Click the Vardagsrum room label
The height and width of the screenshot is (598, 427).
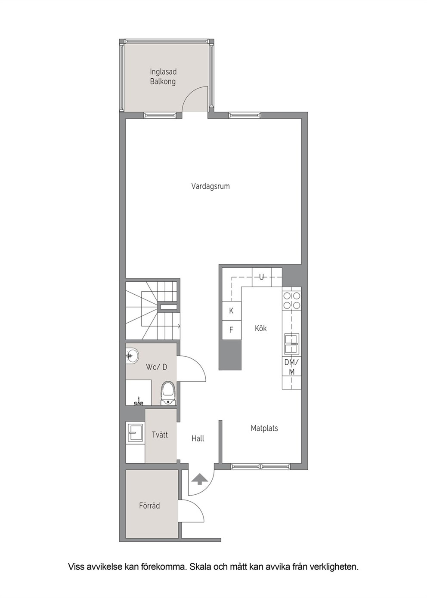coord(210,186)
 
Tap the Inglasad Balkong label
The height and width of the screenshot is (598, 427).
coord(163,77)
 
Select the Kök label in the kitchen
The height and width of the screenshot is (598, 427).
coord(260,328)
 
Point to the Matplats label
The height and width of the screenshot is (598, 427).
coord(264,428)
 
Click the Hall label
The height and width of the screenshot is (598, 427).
coord(198,438)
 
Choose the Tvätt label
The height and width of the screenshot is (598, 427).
coord(160,435)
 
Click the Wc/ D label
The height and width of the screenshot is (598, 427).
coord(157,367)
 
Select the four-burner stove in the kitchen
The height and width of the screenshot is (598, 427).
coord(291,300)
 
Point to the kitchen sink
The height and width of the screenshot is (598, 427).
coord(291,344)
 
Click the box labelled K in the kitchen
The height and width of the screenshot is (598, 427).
coord(232,311)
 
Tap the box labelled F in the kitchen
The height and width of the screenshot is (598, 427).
coord(232,330)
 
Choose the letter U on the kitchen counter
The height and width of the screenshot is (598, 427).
coord(262,277)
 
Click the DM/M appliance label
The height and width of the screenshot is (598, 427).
coord(291,367)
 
